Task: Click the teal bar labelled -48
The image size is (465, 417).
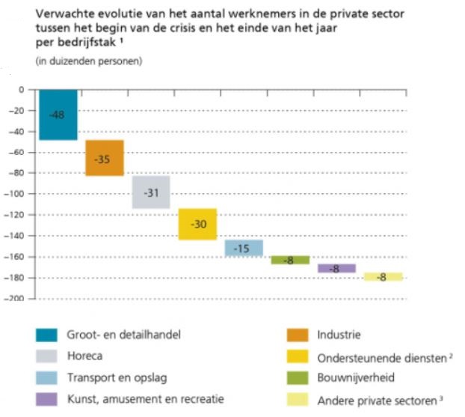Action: pyautogui.click(x=58, y=115)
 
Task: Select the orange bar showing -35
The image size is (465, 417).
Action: pyautogui.click(x=104, y=158)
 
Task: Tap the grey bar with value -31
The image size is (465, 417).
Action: pyautogui.click(x=151, y=192)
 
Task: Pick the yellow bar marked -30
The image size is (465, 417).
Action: pyautogui.click(x=197, y=224)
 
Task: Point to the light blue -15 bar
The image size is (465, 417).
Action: pyautogui.click(x=244, y=248)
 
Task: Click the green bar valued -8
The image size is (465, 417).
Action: pyautogui.click(x=290, y=260)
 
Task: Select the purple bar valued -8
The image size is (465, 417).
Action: pyautogui.click(x=336, y=268)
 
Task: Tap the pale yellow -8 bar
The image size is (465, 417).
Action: pyautogui.click(x=383, y=277)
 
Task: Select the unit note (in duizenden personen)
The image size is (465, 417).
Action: pyautogui.click(x=88, y=60)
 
